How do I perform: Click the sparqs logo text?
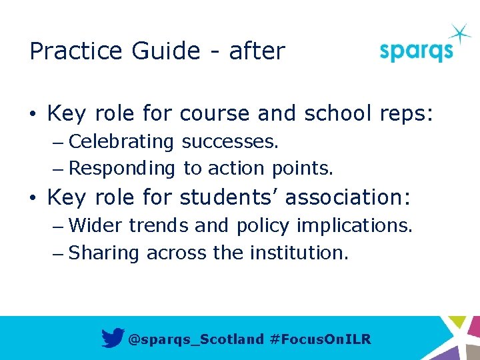point(416,51)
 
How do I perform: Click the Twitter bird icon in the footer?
point(113,339)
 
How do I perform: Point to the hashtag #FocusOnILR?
point(321,339)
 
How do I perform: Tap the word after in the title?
point(257,51)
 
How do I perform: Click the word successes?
point(230,141)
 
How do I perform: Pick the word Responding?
point(121,169)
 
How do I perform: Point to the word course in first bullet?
point(215,114)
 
